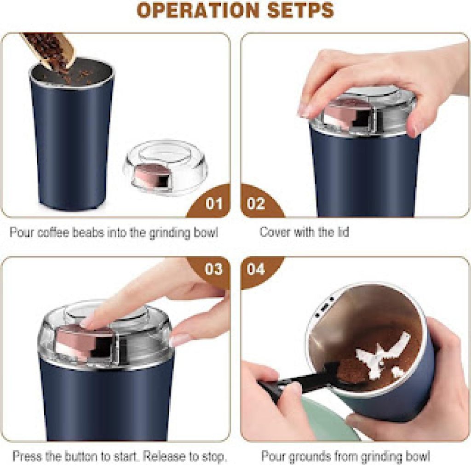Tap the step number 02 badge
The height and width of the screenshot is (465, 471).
[256, 203]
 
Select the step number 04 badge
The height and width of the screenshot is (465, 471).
[256, 269]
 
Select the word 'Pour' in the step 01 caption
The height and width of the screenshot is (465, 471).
[21, 232]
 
